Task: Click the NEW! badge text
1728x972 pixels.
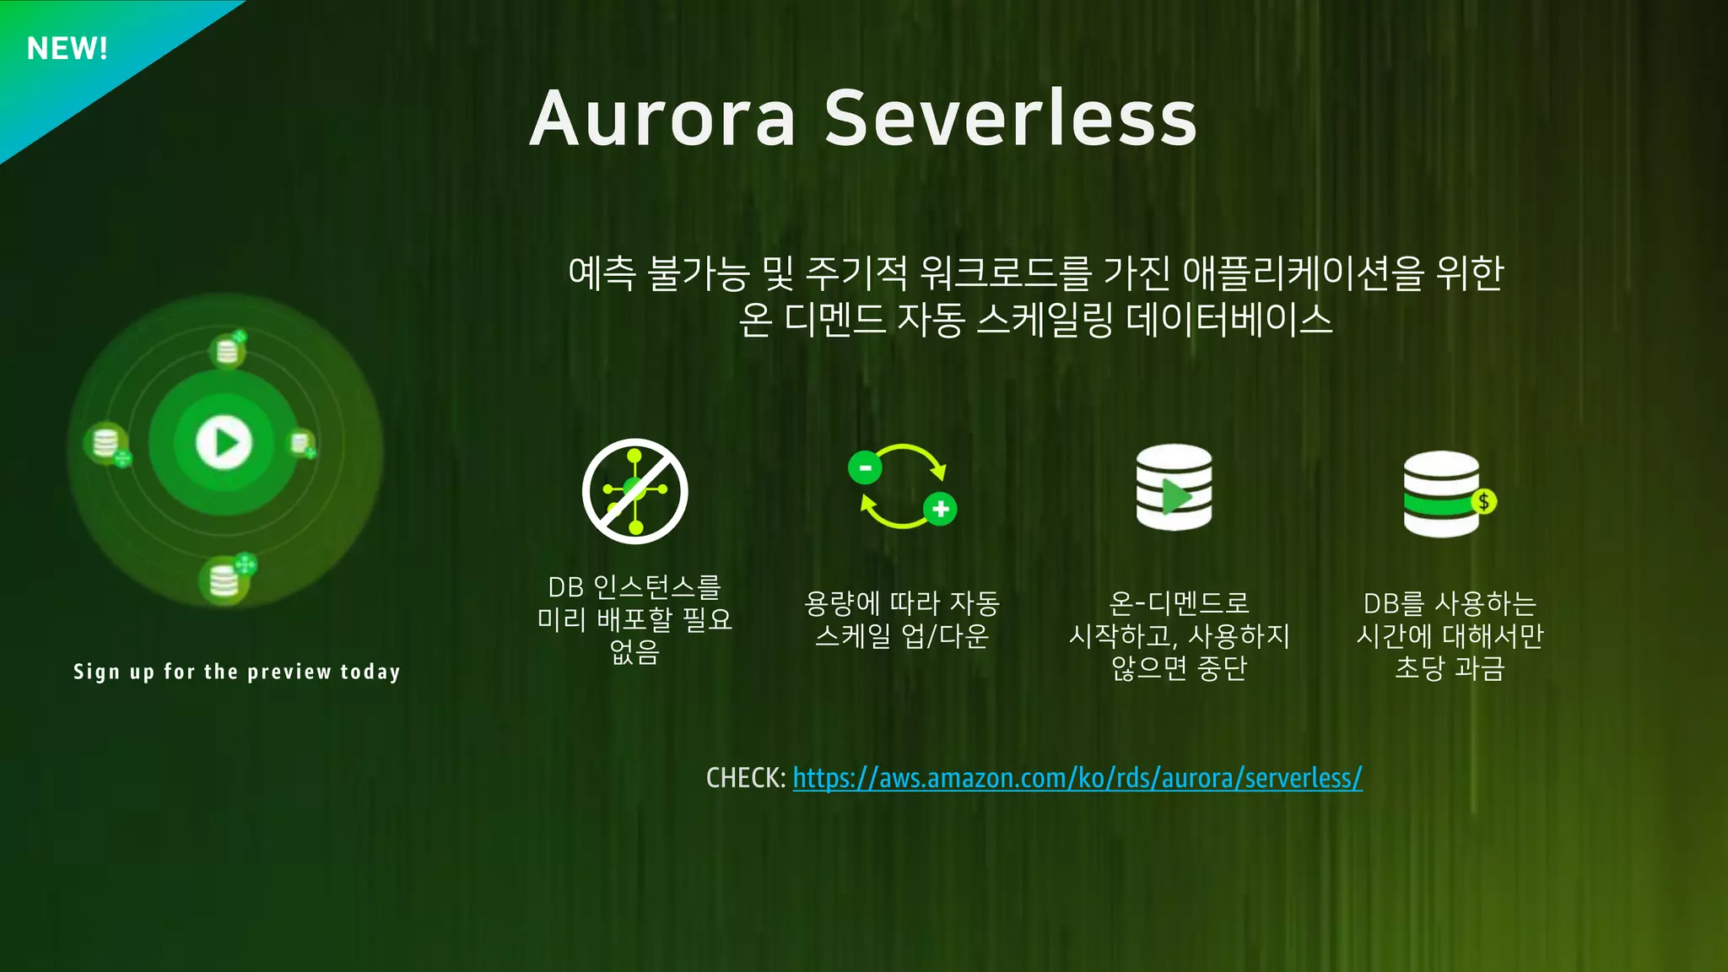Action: [67, 49]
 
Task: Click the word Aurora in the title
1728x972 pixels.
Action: [663, 118]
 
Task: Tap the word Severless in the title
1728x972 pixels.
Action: [1010, 118]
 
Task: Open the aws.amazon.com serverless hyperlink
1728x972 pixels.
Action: [1077, 778]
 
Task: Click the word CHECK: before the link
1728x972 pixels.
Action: [746, 778]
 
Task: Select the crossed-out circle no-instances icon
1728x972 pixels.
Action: [635, 491]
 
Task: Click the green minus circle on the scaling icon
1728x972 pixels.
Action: [865, 467]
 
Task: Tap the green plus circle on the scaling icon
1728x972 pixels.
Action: [940, 509]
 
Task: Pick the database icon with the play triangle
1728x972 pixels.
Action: [1174, 488]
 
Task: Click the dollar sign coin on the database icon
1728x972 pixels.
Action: [1483, 502]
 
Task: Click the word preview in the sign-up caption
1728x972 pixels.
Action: [289, 672]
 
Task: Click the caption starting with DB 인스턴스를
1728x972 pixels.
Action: [635, 619]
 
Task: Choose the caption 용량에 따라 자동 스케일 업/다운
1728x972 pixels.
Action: [901, 619]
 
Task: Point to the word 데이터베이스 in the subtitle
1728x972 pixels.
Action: [1228, 321]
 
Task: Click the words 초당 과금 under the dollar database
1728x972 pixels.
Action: [1450, 668]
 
